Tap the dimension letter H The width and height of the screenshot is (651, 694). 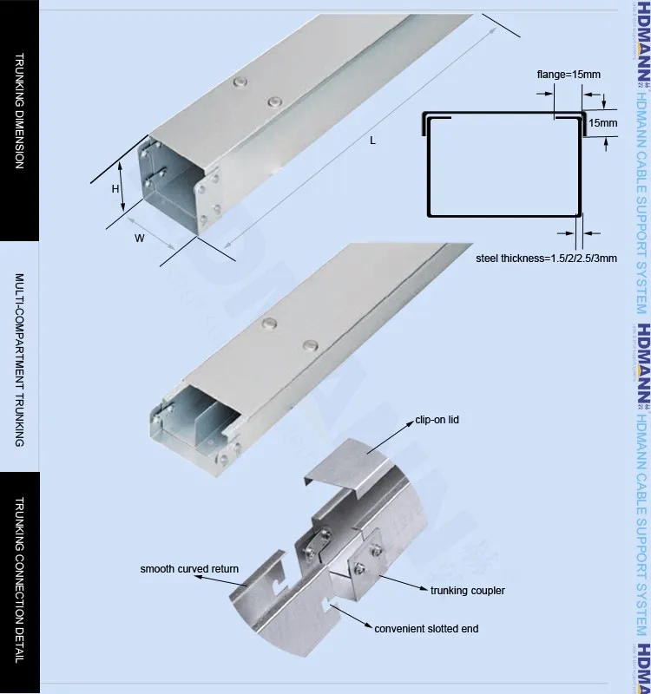(x=115, y=187)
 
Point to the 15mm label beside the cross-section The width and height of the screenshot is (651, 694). (x=603, y=123)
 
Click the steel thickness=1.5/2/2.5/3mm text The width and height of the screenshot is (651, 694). (x=546, y=258)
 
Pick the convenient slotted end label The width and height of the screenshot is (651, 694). (x=426, y=627)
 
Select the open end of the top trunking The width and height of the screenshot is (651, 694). (x=174, y=187)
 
